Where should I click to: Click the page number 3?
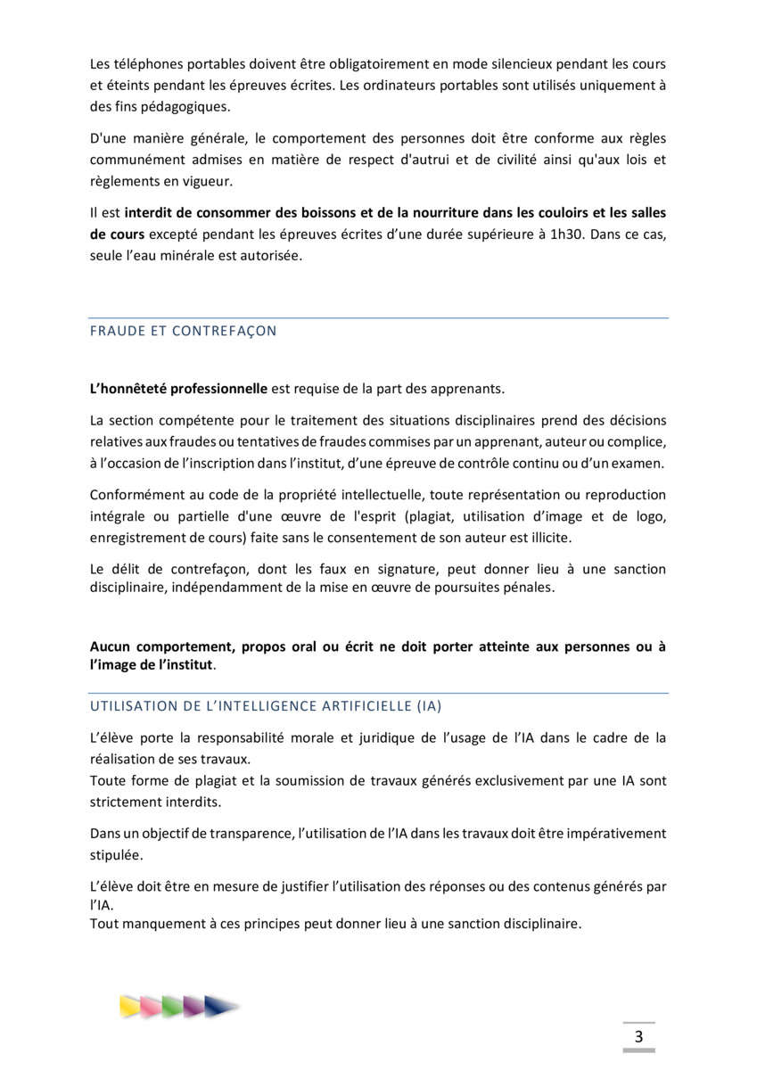coord(638,1036)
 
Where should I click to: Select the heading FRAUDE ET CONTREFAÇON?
coord(183,331)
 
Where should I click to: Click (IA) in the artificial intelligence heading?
coord(429,705)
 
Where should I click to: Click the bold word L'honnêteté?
coord(135,389)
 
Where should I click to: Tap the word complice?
coord(634,442)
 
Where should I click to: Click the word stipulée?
coord(116,854)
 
